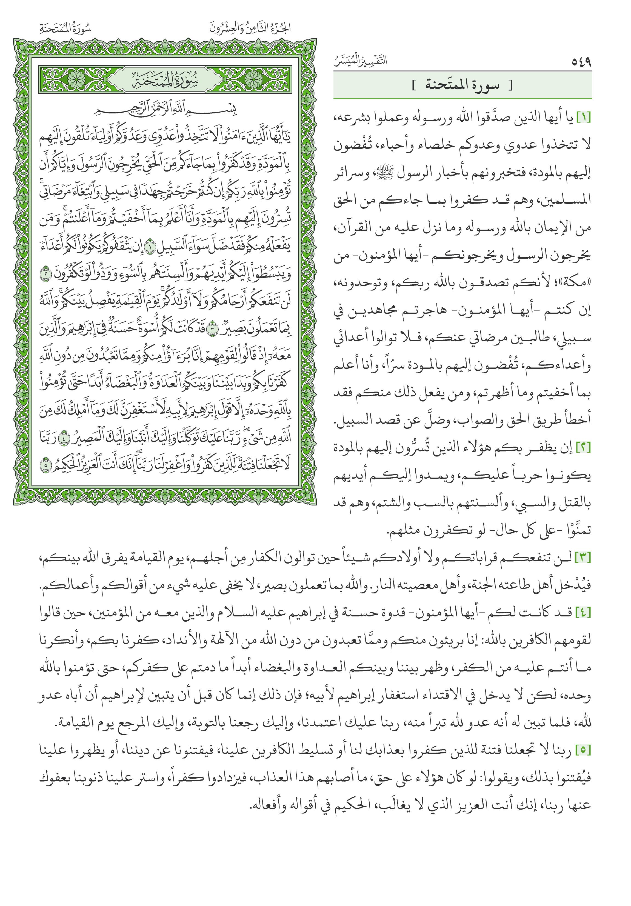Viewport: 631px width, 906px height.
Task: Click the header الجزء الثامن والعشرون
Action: (250, 28)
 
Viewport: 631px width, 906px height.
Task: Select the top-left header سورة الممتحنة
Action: (66, 28)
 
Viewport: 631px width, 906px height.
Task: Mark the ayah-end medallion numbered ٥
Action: (47, 465)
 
